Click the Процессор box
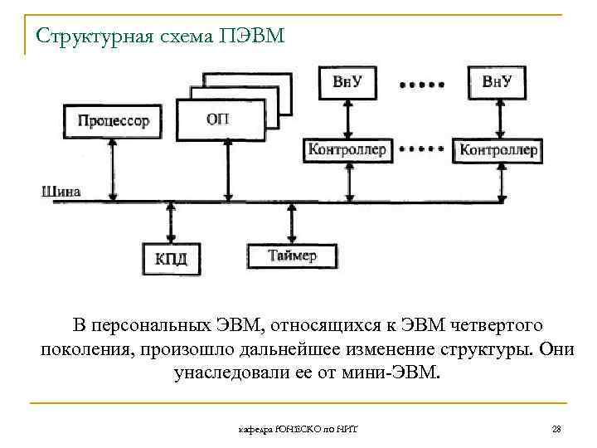[114, 121]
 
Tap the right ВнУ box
[502, 80]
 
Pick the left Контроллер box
[347, 150]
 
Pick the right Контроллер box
[498, 151]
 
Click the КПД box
[171, 258]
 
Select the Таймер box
[293, 256]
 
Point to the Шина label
[61, 192]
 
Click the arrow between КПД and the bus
[170, 222]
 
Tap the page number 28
[556, 429]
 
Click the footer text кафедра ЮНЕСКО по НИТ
[304, 429]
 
